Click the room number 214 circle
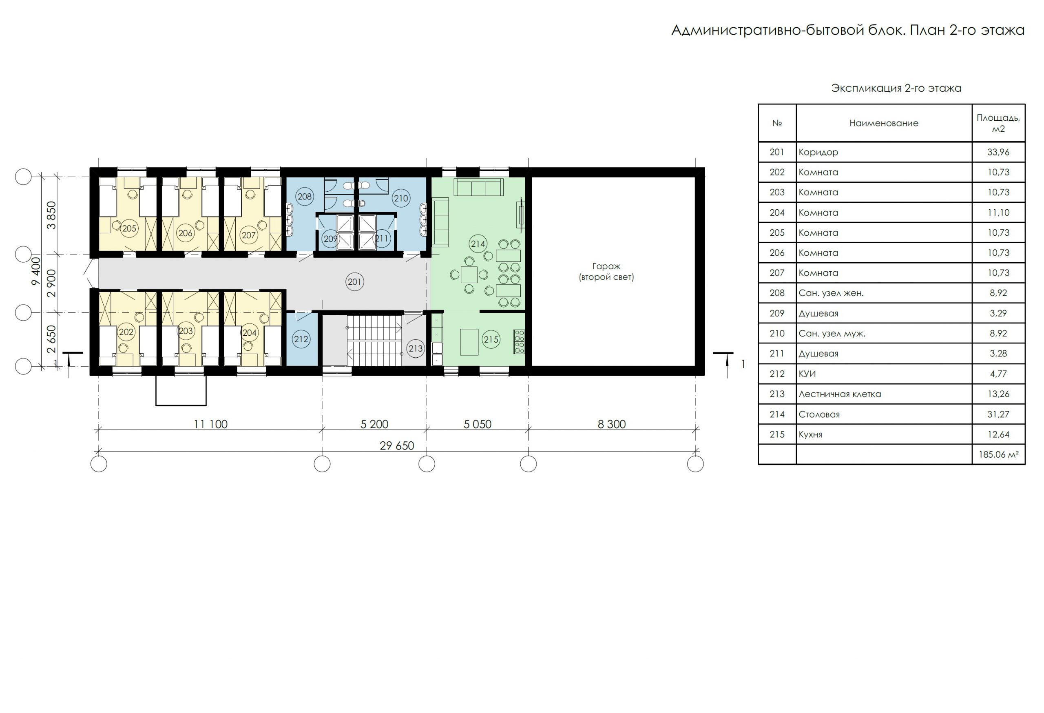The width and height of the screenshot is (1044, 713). tap(478, 244)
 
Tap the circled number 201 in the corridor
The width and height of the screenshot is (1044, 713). tap(354, 282)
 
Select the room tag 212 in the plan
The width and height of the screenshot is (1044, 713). tap(301, 339)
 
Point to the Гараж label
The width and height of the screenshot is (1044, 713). tap(606, 266)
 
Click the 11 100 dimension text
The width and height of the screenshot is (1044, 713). tap(210, 424)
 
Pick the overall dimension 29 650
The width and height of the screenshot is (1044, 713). tap(397, 446)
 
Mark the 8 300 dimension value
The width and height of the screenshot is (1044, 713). tap(611, 424)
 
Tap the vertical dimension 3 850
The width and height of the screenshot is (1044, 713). tap(52, 215)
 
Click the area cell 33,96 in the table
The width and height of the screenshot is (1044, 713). tap(998, 152)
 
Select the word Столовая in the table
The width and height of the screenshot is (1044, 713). tap(819, 414)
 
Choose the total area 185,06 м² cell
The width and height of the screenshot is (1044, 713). tap(999, 454)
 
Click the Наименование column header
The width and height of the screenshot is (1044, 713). tap(884, 123)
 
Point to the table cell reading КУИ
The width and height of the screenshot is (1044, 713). tap(807, 374)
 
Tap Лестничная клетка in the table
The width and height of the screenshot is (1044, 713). tap(840, 394)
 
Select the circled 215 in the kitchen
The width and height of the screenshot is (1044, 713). tap(491, 339)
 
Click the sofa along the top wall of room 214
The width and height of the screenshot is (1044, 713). tap(478, 187)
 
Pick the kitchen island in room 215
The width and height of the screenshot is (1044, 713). tap(469, 342)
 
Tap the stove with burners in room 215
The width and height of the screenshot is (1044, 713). tap(519, 341)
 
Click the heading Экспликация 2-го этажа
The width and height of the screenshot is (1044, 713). tap(896, 88)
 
